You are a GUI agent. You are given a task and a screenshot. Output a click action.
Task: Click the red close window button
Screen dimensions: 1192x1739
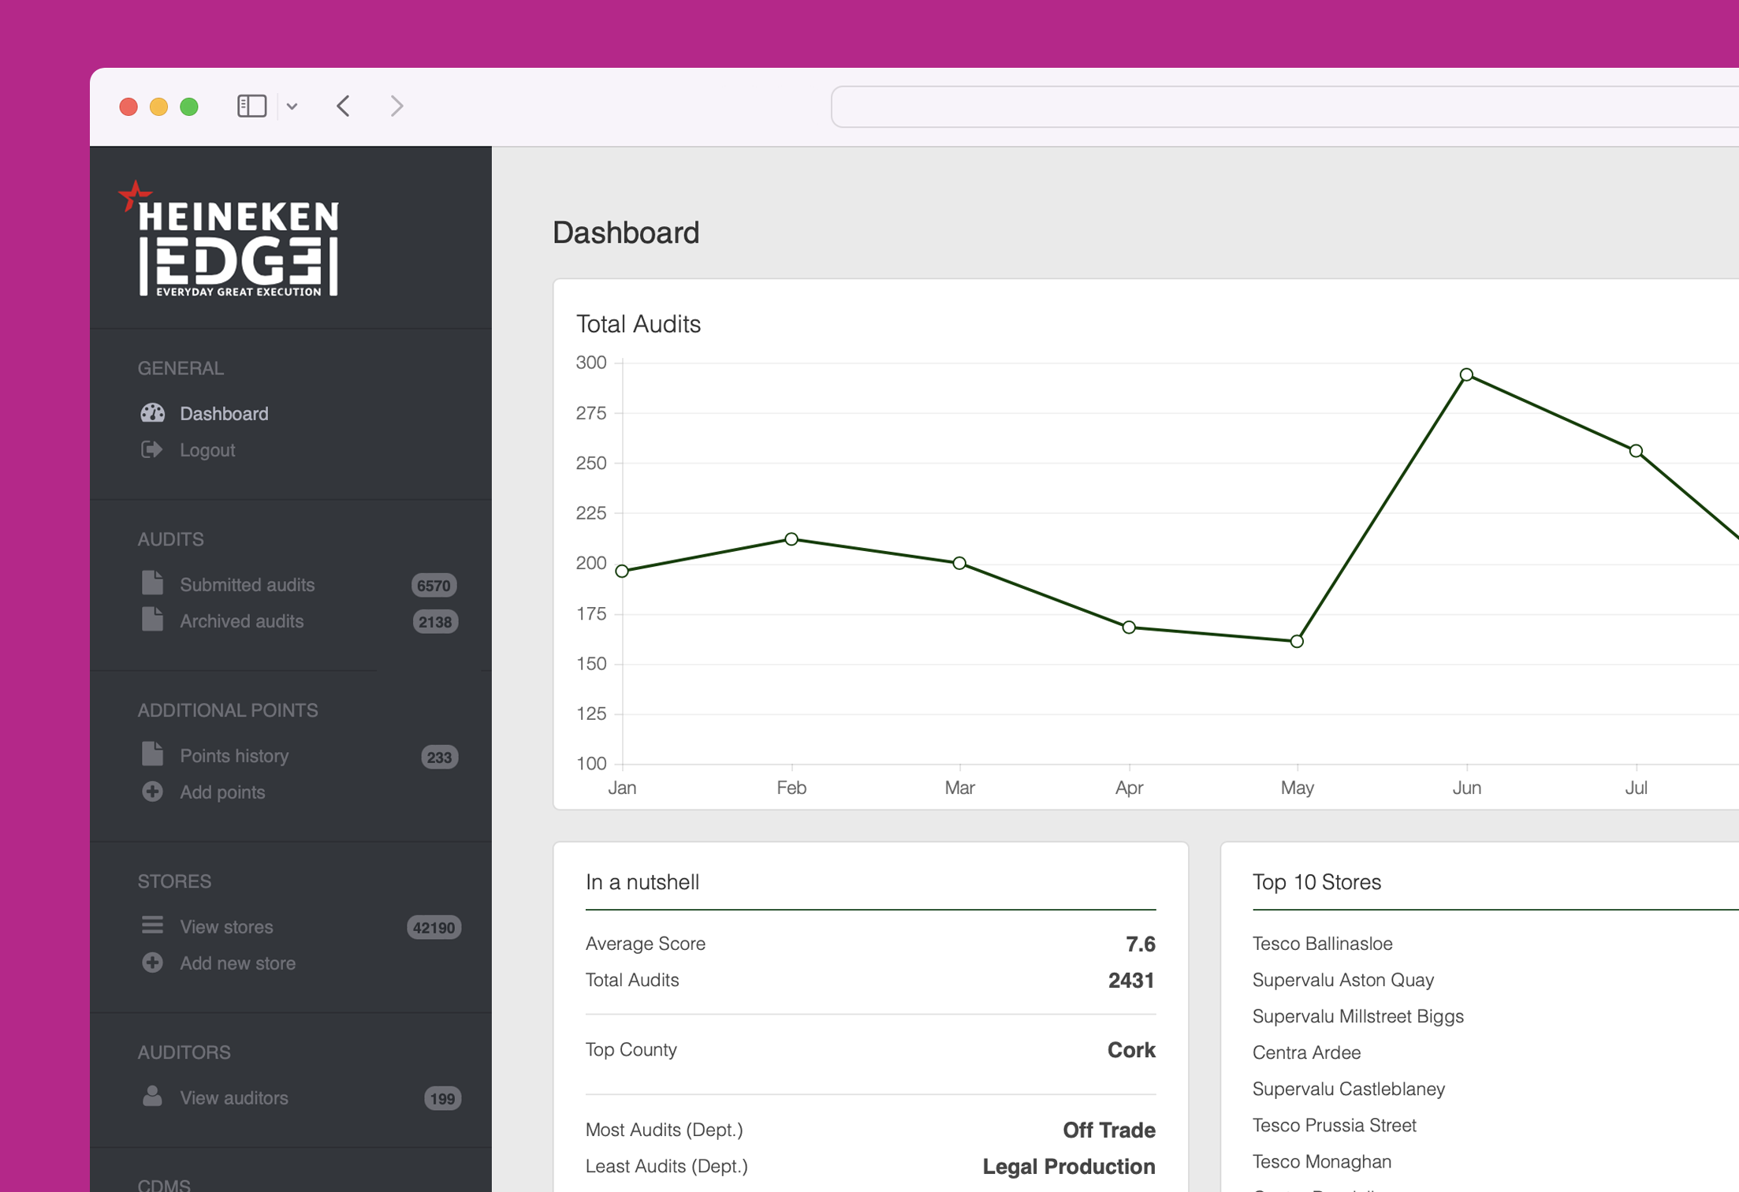click(128, 106)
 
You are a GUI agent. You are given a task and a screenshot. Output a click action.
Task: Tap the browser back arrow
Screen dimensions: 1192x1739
click(344, 106)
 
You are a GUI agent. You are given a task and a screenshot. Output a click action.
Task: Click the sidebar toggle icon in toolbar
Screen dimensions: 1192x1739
click(251, 106)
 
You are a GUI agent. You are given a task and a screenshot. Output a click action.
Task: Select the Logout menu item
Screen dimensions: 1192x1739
click(207, 450)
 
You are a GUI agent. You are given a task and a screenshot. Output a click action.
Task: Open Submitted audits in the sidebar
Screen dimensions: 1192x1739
click(247, 585)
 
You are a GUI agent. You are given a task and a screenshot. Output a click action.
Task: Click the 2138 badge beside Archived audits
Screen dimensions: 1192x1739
click(435, 622)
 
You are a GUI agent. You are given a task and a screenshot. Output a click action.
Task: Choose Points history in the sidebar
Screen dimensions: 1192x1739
click(234, 756)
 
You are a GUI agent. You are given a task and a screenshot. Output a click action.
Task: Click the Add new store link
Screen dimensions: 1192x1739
click(237, 963)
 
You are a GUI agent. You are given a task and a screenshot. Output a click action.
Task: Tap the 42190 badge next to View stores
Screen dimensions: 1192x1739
click(434, 928)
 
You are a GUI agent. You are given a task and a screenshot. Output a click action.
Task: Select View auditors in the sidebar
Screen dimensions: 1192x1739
click(233, 1098)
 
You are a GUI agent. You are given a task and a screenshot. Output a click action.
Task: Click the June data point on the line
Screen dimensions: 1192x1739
click(1466, 375)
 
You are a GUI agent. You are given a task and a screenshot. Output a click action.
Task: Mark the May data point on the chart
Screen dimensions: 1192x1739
click(1297, 642)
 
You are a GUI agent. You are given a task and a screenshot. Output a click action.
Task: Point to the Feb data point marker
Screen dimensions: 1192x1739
click(791, 539)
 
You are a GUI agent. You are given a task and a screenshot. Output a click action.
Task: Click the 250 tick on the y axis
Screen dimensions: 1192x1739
click(591, 464)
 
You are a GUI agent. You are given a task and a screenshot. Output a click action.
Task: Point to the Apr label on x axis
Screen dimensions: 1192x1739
click(1129, 788)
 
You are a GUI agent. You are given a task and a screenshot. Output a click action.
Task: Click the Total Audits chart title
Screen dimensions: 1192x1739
click(638, 324)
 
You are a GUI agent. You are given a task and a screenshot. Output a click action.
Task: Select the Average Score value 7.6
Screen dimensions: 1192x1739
click(1140, 944)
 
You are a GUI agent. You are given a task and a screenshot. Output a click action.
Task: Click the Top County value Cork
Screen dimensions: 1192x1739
click(1130, 1050)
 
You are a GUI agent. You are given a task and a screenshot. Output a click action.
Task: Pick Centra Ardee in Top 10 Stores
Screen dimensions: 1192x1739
click(1306, 1052)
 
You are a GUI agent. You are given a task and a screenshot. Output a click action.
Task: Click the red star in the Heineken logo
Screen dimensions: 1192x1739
click(135, 195)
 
